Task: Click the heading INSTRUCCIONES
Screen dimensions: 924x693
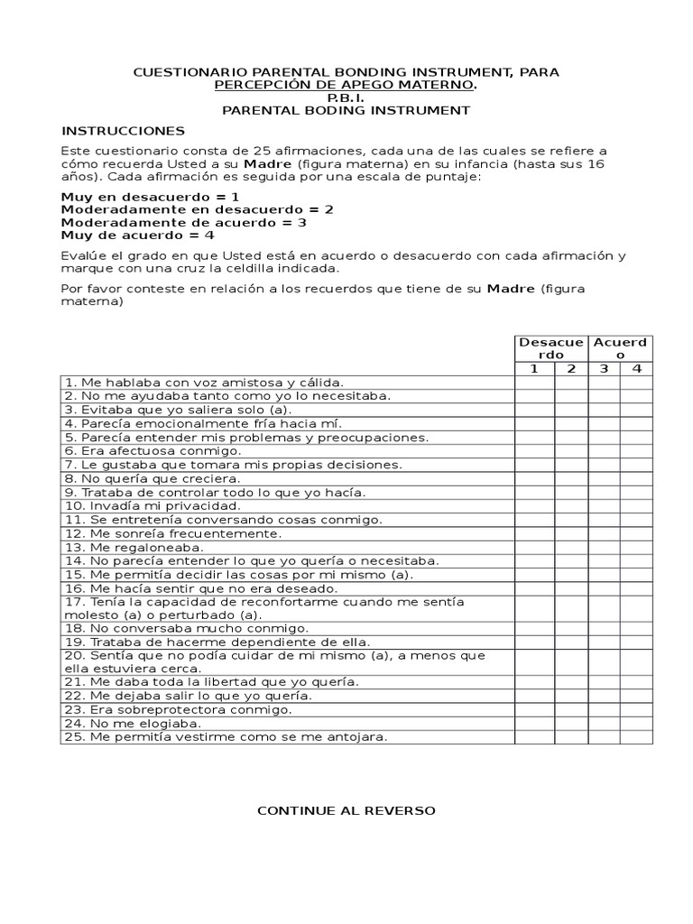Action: (123, 131)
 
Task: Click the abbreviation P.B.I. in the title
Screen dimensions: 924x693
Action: (346, 97)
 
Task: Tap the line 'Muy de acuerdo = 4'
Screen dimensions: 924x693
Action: (137, 235)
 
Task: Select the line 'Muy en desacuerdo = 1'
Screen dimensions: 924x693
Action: (150, 196)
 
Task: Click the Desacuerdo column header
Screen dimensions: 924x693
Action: (550, 348)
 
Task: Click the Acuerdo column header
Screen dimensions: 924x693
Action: (620, 348)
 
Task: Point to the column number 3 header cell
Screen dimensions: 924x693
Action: (604, 368)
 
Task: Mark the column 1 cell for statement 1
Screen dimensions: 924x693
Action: (534, 383)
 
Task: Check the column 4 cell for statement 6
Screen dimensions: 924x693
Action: (636, 451)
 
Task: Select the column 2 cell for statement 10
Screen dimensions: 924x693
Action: (571, 506)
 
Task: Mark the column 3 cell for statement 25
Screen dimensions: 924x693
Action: (604, 737)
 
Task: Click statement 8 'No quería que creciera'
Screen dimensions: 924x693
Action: (152, 478)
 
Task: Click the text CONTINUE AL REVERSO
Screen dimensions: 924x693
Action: (346, 810)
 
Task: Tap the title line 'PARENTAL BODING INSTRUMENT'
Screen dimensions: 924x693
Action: (346, 110)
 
